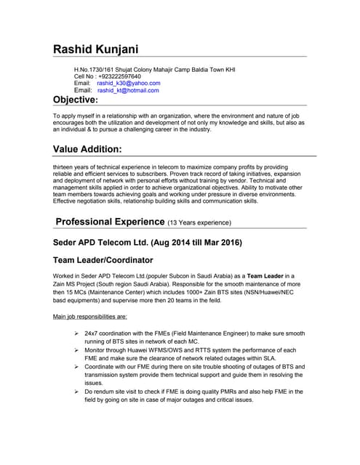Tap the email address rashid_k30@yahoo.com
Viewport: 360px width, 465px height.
click(x=128, y=84)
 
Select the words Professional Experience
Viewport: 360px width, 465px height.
click(x=110, y=221)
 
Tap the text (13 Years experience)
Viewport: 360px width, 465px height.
click(x=199, y=222)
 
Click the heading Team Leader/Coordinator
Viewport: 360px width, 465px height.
click(x=103, y=259)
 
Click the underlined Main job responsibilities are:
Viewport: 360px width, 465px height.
click(x=91, y=317)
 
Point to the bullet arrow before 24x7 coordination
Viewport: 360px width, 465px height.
click(x=76, y=333)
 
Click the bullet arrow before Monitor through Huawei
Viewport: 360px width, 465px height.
click(x=76, y=350)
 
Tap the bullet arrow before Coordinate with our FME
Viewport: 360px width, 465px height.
click(x=76, y=367)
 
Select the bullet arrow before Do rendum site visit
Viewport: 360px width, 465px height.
click(x=76, y=392)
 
